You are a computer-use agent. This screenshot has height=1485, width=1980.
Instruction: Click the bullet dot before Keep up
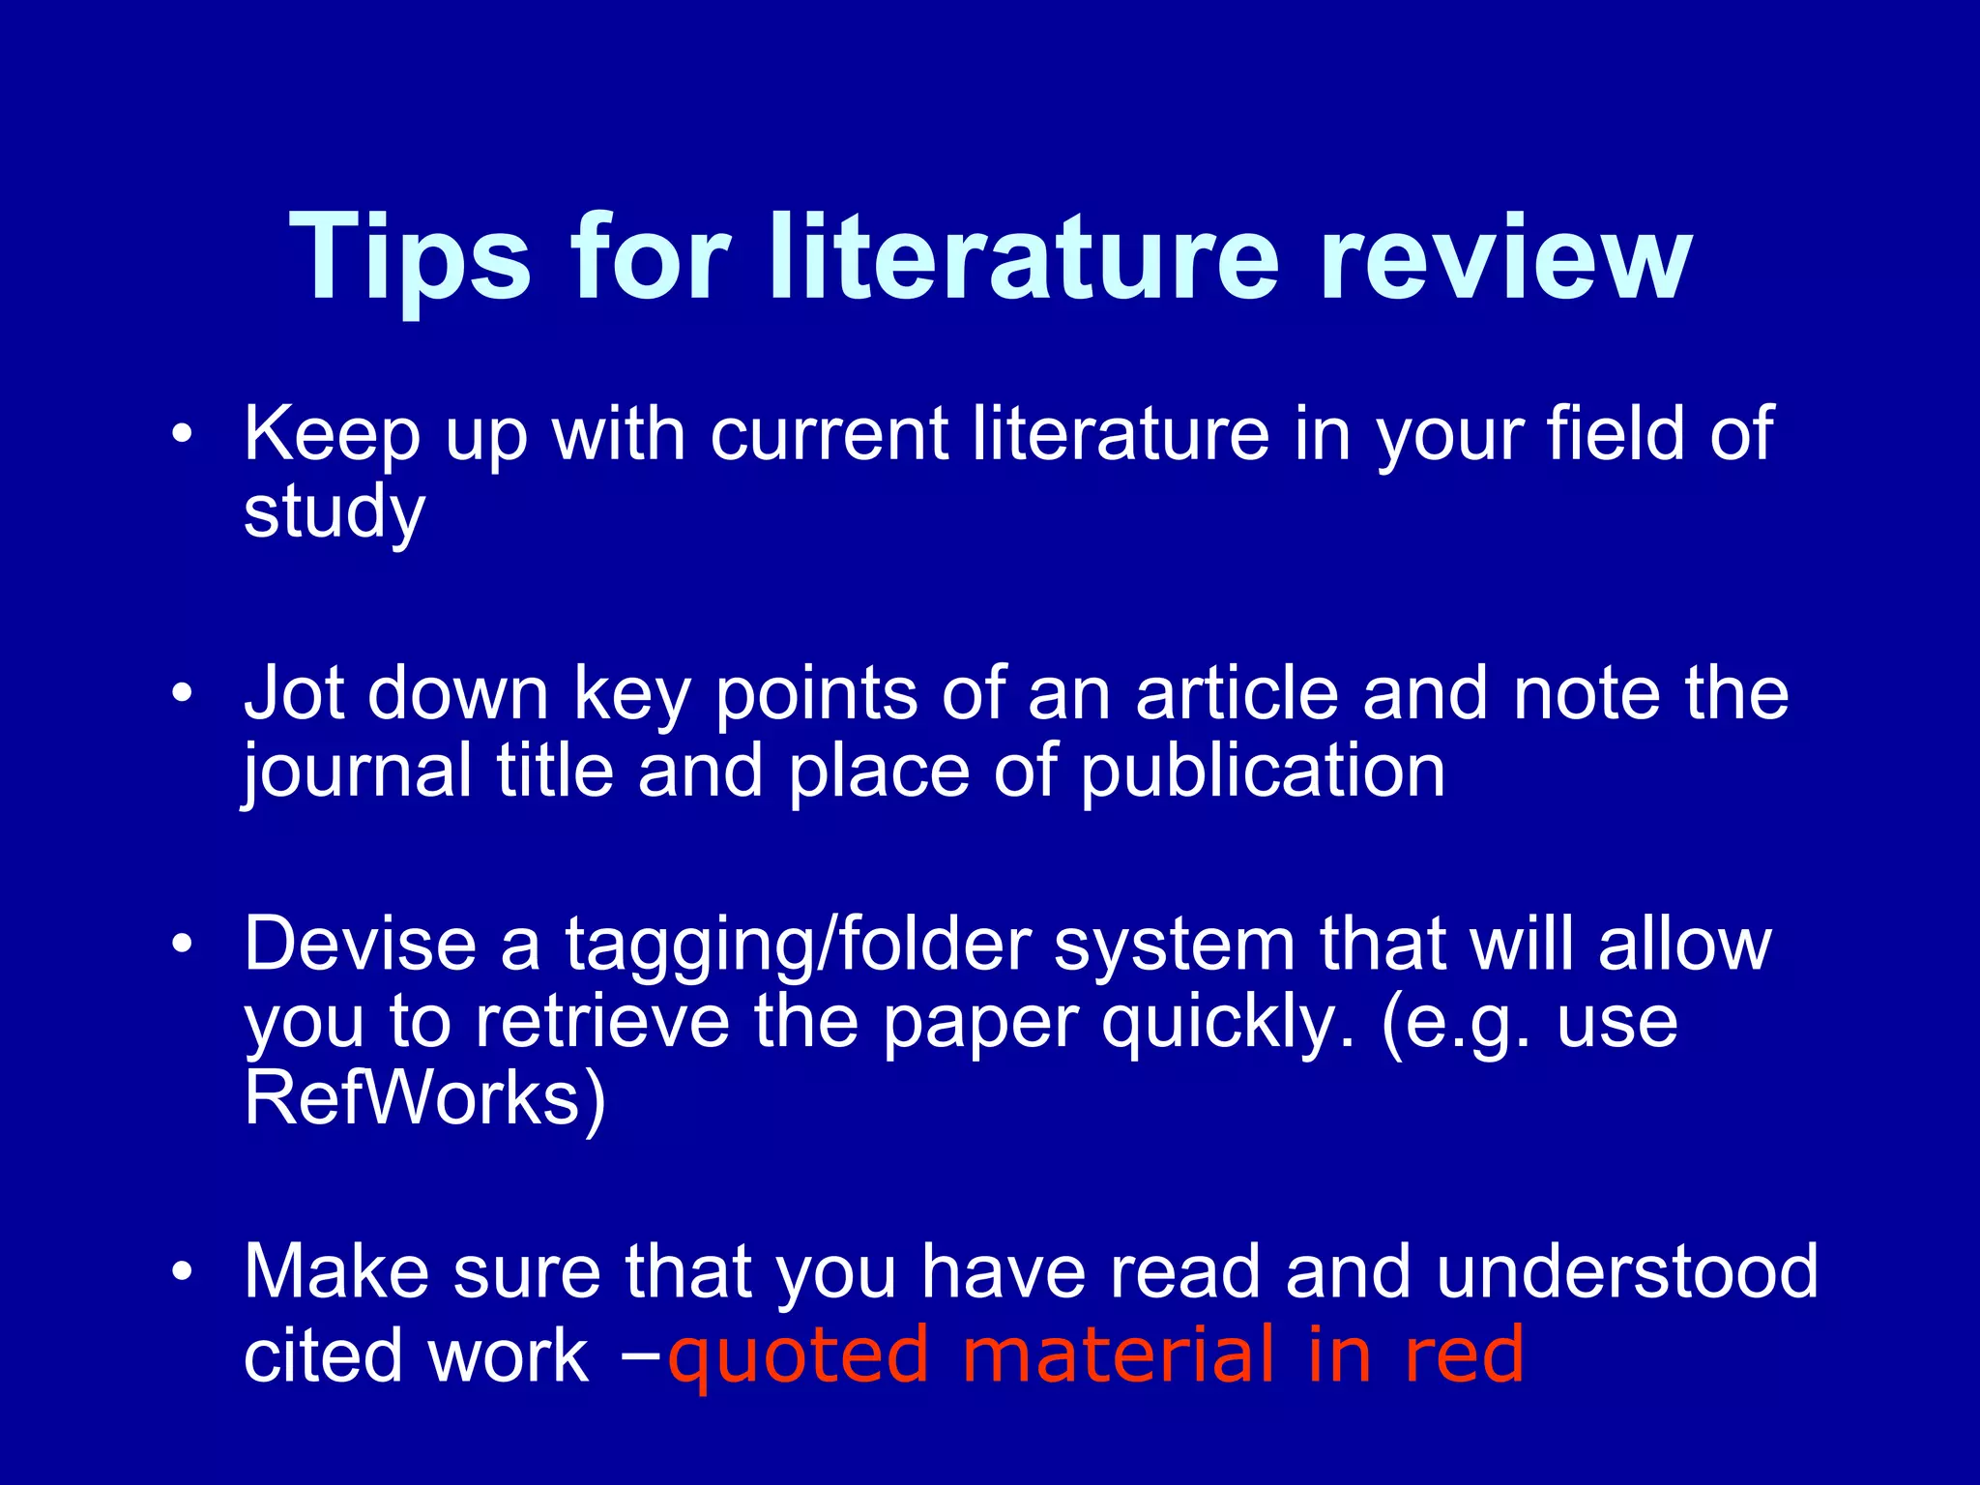182,434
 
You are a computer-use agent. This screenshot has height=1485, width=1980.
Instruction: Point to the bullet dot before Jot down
182,693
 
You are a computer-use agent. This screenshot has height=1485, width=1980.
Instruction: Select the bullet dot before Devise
182,944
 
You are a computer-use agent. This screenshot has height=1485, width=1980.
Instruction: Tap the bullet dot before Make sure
182,1271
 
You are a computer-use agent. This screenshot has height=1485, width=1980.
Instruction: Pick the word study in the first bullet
334,512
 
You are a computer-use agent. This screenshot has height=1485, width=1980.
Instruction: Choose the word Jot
294,693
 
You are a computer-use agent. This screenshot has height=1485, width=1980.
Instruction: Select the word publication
1263,772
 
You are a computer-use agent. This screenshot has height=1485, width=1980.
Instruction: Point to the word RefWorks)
424,1099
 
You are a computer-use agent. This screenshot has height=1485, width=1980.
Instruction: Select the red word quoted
799,1355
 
